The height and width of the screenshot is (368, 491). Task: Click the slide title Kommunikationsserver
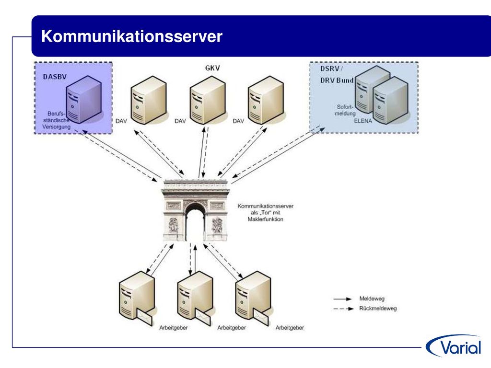(131, 36)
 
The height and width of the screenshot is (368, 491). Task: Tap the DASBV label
(55, 77)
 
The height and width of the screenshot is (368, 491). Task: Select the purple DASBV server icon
(83, 99)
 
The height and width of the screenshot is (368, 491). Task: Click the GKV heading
(212, 68)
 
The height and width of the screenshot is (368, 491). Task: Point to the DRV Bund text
(337, 80)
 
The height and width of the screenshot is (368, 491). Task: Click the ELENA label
(363, 121)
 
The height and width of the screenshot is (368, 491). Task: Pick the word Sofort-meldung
(345, 110)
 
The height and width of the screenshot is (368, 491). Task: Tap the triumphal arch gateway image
(196, 210)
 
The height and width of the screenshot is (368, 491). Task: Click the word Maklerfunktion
(265, 219)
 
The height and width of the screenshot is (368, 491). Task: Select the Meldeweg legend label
(372, 299)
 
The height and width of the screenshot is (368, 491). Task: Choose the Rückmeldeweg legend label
(378, 309)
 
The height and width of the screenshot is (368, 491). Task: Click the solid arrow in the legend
(342, 299)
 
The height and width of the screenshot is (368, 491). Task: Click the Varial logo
(454, 346)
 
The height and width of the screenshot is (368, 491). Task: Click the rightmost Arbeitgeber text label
(290, 328)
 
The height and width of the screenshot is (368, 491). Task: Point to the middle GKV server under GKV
(208, 100)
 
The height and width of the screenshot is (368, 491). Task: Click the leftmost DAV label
(121, 121)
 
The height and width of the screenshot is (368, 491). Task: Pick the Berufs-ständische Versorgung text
(57, 120)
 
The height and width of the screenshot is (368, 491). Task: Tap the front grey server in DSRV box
(390, 101)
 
